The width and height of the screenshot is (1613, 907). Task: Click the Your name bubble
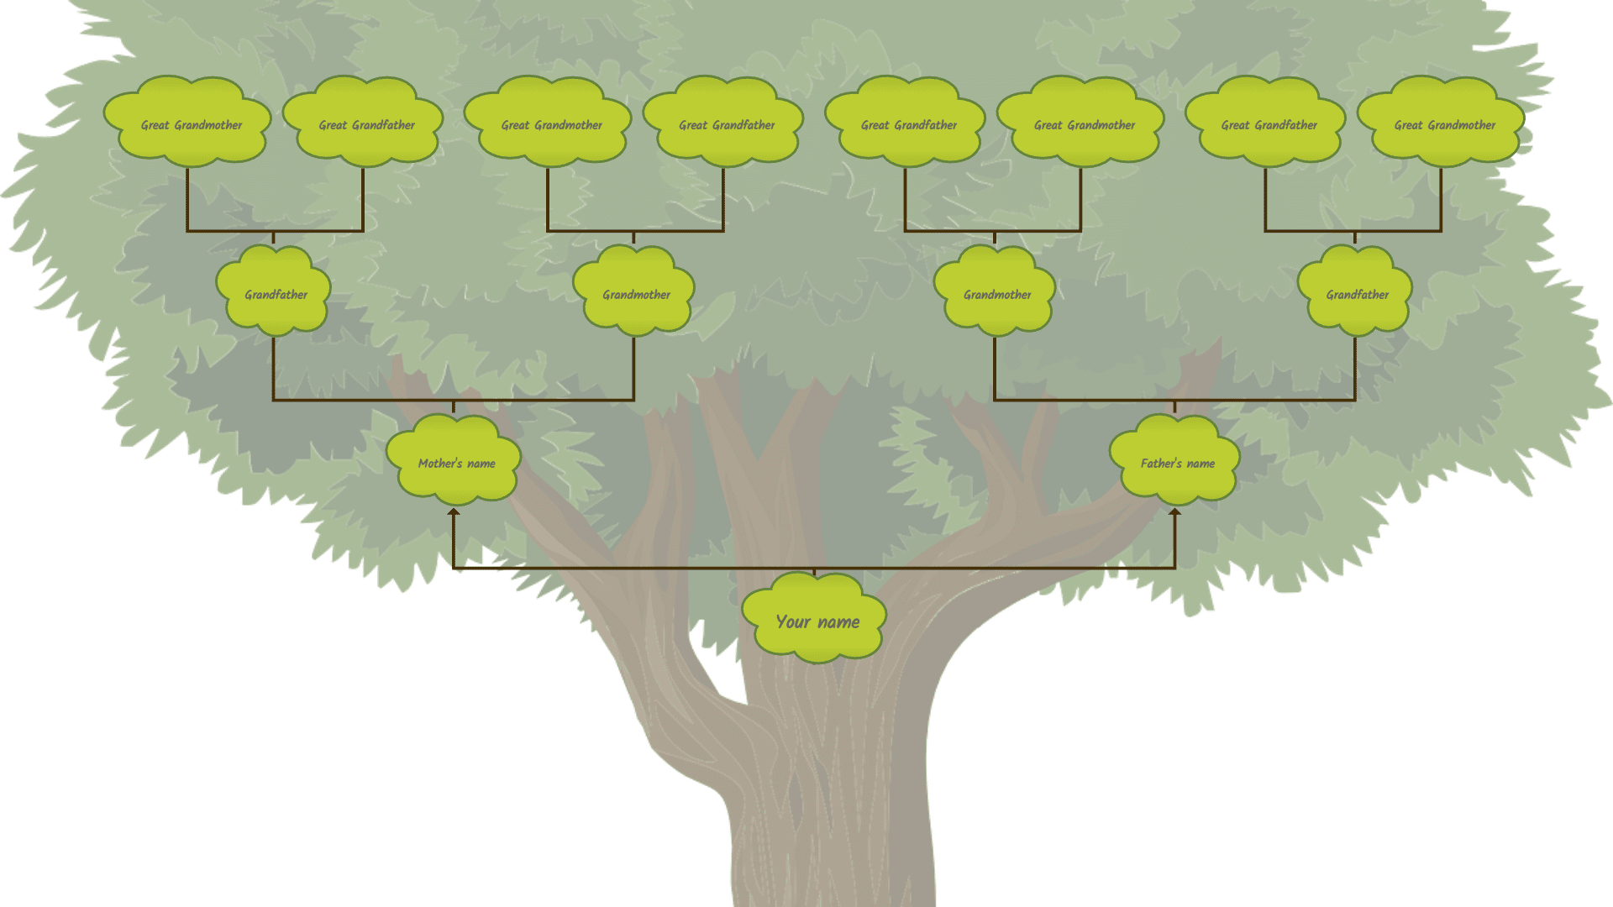pos(815,620)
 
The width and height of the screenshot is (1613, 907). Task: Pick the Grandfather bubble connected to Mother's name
pos(274,292)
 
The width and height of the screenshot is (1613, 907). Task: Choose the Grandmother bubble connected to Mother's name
pos(634,292)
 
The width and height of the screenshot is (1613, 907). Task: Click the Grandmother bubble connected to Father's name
pos(996,292)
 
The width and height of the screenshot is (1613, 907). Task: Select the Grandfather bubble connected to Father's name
pos(1355,292)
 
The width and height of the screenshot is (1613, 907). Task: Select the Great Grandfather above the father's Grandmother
pos(906,123)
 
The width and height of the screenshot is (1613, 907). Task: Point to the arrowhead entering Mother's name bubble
pos(454,511)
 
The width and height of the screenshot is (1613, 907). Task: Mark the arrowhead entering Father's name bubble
pos(1174,511)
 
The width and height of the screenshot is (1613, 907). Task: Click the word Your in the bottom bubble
pos(792,622)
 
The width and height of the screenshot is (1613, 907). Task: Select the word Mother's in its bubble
pos(439,464)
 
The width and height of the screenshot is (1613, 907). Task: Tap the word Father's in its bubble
pos(1161,464)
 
